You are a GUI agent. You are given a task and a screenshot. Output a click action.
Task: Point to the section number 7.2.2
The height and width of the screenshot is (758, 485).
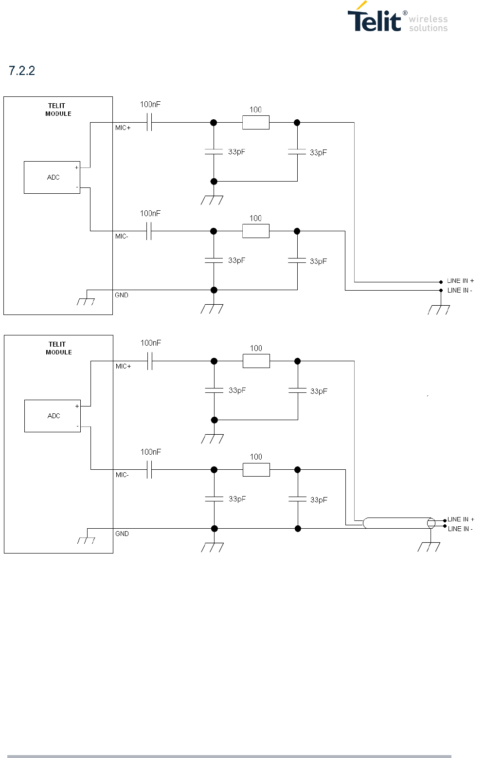pyautogui.click(x=21, y=71)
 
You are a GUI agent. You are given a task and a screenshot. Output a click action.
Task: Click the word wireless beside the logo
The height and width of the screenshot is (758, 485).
pyautogui.click(x=428, y=19)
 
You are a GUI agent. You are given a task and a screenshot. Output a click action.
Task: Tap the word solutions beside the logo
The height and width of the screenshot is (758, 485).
pyautogui.click(x=428, y=28)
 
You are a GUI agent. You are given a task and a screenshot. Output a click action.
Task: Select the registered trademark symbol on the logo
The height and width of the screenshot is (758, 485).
pyautogui.click(x=405, y=13)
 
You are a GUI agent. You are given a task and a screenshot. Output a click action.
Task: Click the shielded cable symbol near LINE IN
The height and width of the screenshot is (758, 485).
pyautogui.click(x=399, y=523)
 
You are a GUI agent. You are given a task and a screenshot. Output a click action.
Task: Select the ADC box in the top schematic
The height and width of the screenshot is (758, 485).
pyautogui.click(x=52, y=177)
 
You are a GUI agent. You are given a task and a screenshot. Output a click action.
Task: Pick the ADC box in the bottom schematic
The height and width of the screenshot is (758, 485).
pyautogui.click(x=53, y=416)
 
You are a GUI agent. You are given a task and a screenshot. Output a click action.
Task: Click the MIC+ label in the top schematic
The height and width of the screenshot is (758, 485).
pyautogui.click(x=123, y=128)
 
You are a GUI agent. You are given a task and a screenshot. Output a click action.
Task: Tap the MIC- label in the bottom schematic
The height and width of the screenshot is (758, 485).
pyautogui.click(x=122, y=475)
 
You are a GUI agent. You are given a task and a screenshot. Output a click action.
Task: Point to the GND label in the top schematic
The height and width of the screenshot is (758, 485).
pyautogui.click(x=122, y=295)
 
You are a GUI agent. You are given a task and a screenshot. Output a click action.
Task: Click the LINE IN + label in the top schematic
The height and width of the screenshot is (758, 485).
pyautogui.click(x=460, y=281)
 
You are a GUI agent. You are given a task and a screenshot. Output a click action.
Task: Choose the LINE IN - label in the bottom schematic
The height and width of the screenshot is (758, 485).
pyautogui.click(x=460, y=529)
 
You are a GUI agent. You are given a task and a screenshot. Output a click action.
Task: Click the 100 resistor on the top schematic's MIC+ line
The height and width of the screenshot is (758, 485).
pyautogui.click(x=256, y=123)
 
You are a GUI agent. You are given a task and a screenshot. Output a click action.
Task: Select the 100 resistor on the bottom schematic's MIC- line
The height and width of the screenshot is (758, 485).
pyautogui.click(x=256, y=470)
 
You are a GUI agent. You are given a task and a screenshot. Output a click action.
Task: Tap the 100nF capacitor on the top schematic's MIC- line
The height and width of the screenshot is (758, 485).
pyautogui.click(x=149, y=231)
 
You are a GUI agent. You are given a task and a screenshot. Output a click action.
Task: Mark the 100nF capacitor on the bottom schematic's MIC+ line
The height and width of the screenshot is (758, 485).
pyautogui.click(x=150, y=361)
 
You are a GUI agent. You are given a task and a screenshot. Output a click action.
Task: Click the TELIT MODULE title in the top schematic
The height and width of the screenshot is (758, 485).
pyautogui.click(x=58, y=110)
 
